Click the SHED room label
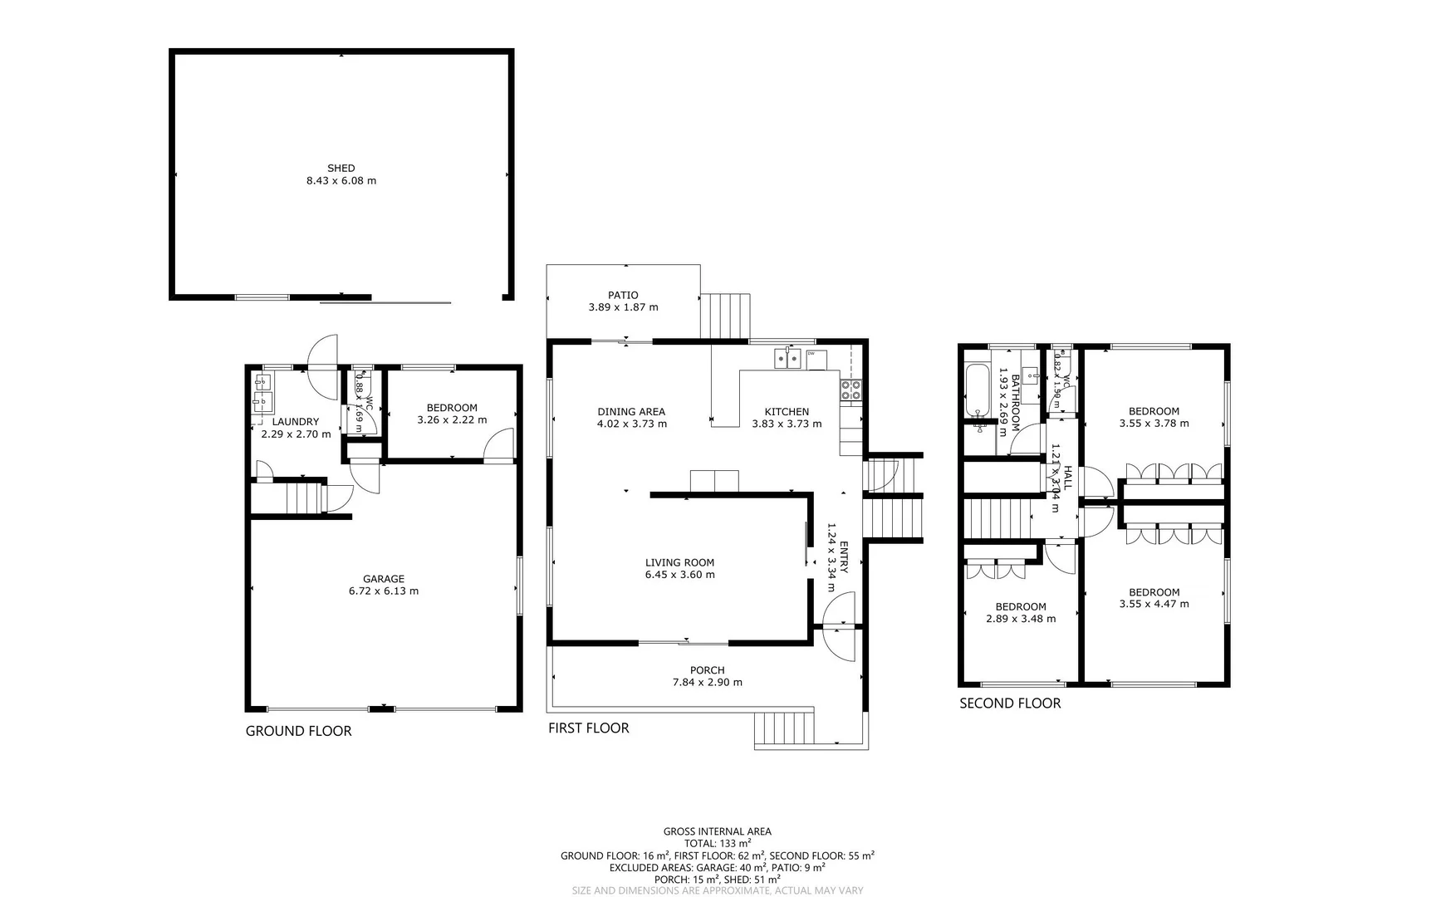pos(341,168)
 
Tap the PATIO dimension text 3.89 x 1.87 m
pos(623,307)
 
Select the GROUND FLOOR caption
pos(298,731)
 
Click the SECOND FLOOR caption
pos(1010,703)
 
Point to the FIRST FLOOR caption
pos(588,728)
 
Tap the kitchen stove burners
pos(851,390)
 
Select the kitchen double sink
pos(788,359)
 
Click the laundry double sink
pos(263,394)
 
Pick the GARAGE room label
pos(383,579)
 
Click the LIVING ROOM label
pos(679,562)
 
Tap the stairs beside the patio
pos(725,316)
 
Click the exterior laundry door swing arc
pos(322,365)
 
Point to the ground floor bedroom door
pos(499,447)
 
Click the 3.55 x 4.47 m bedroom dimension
pos(1154,604)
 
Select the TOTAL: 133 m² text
pos(717,843)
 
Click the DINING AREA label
pos(631,411)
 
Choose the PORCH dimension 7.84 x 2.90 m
pos(707,683)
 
